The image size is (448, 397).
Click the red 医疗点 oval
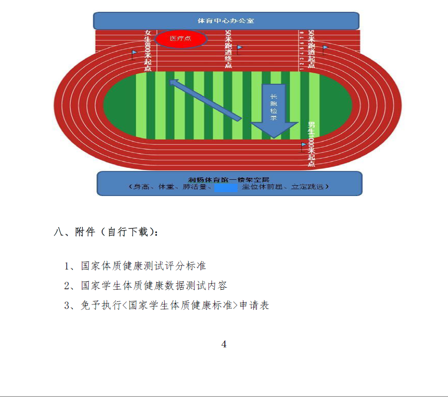[181, 38]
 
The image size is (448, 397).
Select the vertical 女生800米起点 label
[148, 51]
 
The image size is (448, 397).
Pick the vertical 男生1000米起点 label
[311, 144]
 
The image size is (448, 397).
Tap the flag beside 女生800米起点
[134, 53]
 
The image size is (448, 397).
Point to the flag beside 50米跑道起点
[325, 48]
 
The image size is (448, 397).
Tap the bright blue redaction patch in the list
[226, 187]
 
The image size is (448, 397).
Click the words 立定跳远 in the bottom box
[310, 187]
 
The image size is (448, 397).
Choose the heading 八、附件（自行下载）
[106, 232]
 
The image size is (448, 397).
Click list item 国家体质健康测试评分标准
[143, 266]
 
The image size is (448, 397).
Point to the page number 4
[224, 344]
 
